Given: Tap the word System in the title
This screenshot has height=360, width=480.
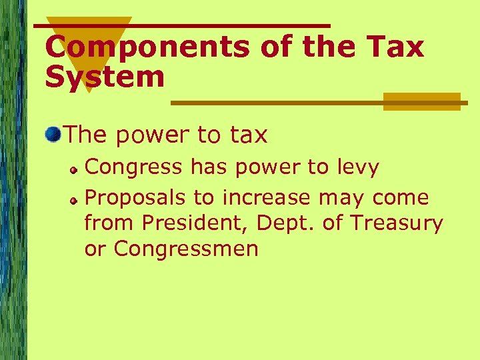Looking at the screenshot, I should tap(105, 77).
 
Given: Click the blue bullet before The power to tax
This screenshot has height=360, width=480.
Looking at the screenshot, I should tap(53, 135).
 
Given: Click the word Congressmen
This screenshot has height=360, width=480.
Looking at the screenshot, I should tap(186, 249).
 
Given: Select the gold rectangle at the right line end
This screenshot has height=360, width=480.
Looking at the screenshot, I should tap(421, 101).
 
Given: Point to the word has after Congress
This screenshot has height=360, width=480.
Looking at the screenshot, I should tap(208, 167).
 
